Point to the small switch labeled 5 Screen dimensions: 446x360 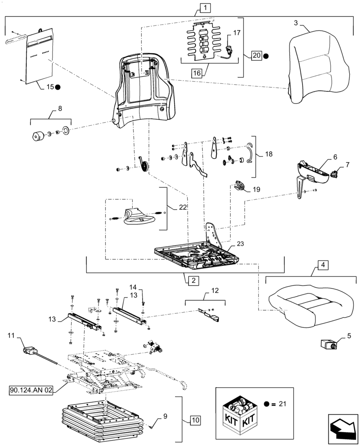coord(329,345)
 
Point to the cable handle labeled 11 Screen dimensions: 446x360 coord(29,351)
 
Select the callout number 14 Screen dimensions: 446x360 coord(133,287)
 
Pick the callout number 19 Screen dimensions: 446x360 coord(257,190)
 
